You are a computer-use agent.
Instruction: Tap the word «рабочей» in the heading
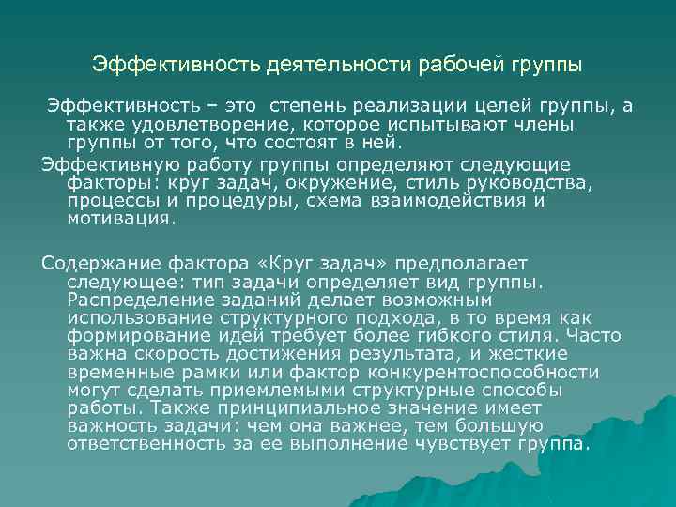(451, 66)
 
